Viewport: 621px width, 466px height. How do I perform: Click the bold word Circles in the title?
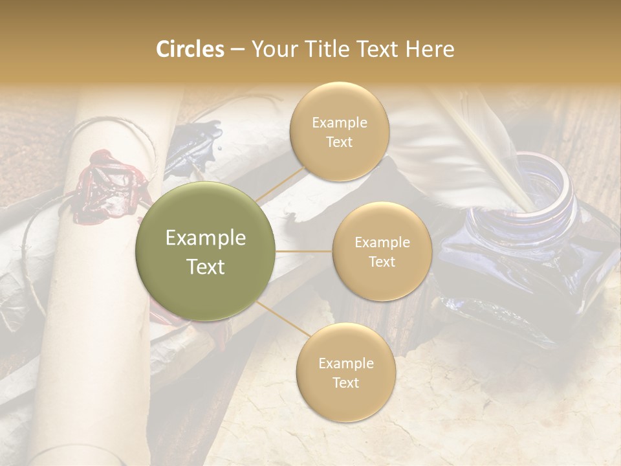pos(190,49)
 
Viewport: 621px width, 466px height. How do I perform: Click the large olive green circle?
pos(206,251)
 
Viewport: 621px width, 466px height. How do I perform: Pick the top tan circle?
pos(339,131)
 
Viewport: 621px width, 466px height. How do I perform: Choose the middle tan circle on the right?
pos(382,251)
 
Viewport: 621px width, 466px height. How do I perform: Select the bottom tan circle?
pos(345,372)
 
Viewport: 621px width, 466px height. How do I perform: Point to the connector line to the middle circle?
pos(304,251)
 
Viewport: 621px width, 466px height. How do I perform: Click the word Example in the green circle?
pos(206,238)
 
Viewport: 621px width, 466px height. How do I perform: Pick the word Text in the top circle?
pos(339,142)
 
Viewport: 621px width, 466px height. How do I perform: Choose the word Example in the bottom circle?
pos(345,363)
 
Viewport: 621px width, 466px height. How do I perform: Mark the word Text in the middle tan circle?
pos(382,261)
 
